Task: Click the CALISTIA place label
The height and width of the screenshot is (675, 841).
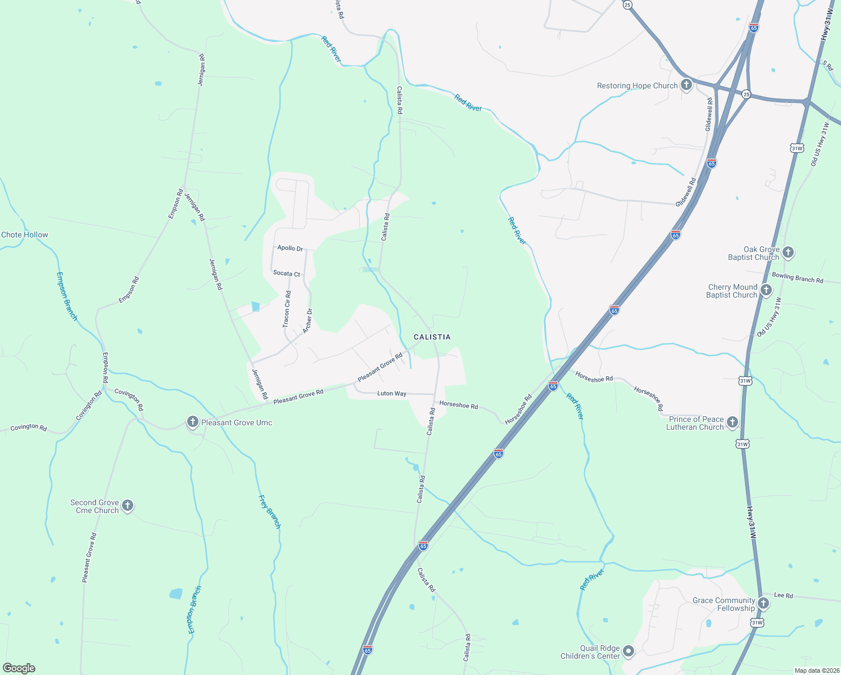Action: point(432,337)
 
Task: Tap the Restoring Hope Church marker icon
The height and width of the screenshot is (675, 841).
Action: point(686,85)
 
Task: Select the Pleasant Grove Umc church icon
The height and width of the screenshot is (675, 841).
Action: point(193,422)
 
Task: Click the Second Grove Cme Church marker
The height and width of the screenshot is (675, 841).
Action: point(128,505)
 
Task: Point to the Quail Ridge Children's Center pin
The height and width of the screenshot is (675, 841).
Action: point(629,651)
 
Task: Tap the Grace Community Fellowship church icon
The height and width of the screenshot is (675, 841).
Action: point(763,603)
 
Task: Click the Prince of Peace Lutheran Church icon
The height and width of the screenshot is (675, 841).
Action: point(732,422)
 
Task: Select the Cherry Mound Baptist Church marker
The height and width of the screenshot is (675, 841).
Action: point(766,290)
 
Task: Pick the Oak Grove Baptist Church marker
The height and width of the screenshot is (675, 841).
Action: point(788,252)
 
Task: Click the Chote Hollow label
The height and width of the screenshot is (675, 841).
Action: point(25,235)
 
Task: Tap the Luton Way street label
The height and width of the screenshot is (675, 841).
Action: point(391,393)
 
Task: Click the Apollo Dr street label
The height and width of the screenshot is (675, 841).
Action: point(290,248)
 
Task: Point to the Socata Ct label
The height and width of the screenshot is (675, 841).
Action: point(287,273)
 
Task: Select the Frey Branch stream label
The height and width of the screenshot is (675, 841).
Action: point(269,511)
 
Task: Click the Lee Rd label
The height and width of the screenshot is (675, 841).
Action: point(783,595)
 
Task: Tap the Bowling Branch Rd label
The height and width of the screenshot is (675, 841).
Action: point(797,277)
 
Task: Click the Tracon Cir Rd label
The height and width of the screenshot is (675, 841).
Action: point(287,309)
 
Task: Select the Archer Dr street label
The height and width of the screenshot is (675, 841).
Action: point(308,321)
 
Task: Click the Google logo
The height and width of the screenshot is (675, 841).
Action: point(19,668)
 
